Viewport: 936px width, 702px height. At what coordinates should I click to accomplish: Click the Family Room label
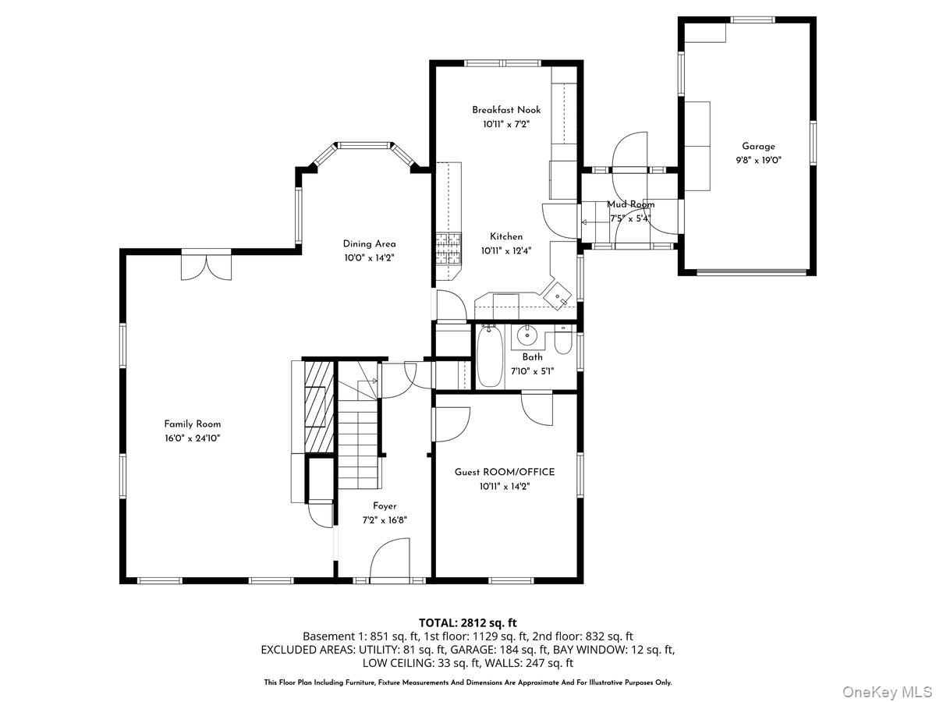(192, 424)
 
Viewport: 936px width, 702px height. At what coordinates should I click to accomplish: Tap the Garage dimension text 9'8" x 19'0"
(758, 160)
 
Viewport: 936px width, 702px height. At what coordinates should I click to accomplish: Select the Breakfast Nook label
(505, 110)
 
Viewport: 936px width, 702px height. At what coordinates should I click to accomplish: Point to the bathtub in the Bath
(490, 357)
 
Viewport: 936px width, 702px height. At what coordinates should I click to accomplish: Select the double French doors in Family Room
(206, 265)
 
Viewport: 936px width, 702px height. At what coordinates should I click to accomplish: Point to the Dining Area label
(369, 244)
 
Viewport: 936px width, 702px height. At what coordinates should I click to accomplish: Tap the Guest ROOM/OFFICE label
(505, 472)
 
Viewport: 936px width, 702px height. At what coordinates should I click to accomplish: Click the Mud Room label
(630, 204)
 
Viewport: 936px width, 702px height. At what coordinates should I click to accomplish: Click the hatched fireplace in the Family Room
(317, 406)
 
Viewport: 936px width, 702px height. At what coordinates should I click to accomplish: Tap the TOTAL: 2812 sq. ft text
(468, 622)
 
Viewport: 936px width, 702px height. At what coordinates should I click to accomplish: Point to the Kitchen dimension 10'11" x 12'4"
(506, 250)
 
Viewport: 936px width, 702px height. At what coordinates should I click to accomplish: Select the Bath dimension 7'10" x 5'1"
(532, 370)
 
